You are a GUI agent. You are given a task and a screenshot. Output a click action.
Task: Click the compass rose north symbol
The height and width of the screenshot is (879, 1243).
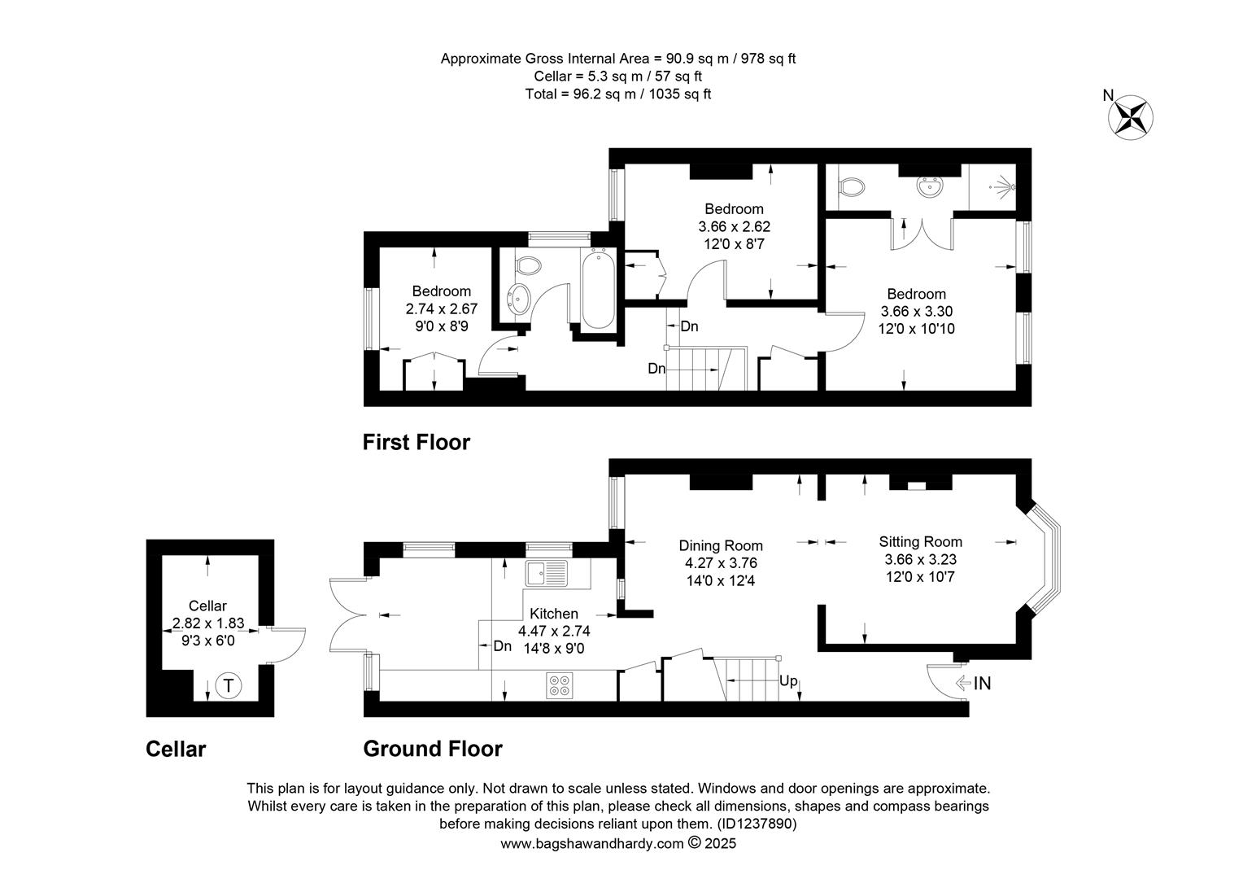point(1131,117)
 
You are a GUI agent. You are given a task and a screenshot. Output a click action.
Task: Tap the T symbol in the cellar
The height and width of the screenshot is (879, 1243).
point(228,685)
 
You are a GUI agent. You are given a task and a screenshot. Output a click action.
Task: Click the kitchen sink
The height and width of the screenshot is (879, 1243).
point(547,573)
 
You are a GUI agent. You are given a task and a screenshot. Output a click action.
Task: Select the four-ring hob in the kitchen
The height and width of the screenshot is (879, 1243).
point(560,685)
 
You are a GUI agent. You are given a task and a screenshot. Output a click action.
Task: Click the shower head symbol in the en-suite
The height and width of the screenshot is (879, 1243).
point(1003,187)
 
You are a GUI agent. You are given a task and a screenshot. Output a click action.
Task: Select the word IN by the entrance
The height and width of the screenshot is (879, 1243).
point(982,683)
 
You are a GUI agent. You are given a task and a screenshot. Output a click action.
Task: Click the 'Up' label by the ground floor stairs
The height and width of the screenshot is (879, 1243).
point(788,680)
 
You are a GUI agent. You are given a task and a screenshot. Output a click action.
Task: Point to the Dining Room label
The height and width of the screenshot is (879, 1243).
point(721,546)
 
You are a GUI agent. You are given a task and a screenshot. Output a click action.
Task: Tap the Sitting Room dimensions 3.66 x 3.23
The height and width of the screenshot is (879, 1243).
point(920,559)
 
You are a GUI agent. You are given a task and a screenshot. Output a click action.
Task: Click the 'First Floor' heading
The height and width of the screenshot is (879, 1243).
point(417,442)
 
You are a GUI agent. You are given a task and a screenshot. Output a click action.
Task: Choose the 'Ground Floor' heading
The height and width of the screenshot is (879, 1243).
point(433,749)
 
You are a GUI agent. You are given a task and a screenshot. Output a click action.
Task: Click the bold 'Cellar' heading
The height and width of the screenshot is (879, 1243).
point(176,749)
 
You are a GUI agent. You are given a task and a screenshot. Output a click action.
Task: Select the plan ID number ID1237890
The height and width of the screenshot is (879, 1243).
point(757,824)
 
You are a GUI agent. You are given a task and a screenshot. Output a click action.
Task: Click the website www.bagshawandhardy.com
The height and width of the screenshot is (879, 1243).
point(592,843)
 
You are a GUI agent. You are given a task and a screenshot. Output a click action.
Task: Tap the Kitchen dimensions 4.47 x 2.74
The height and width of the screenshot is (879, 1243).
point(554,631)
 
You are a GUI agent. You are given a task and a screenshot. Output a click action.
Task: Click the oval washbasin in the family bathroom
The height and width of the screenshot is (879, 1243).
point(519,298)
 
